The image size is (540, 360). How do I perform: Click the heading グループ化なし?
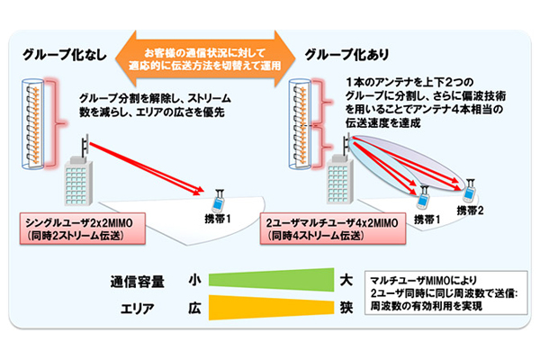[x=60, y=53]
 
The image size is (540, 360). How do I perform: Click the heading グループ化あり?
[x=346, y=53]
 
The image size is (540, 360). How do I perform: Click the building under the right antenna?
[x=337, y=185]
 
